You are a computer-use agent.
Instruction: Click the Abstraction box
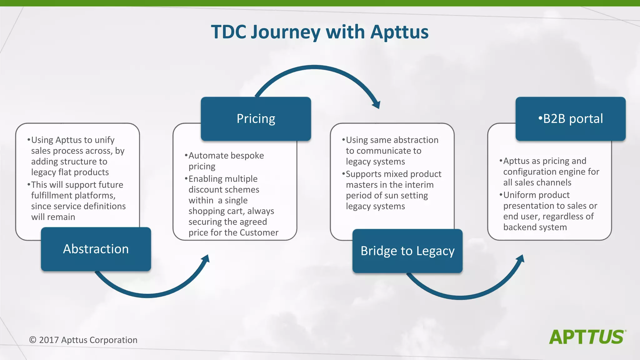click(x=96, y=249)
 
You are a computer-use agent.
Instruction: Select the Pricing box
click(x=256, y=119)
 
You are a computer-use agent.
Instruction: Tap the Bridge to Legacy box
click(x=407, y=251)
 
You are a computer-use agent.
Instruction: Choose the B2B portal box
click(x=571, y=119)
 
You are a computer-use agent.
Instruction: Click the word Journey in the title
click(x=286, y=32)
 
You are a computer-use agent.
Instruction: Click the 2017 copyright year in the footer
click(x=49, y=340)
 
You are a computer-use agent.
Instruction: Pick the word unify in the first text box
click(x=104, y=140)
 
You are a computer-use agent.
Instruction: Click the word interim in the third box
click(x=418, y=185)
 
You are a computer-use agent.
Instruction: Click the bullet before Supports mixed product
click(x=343, y=174)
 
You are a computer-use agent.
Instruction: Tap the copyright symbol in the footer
click(x=32, y=340)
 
